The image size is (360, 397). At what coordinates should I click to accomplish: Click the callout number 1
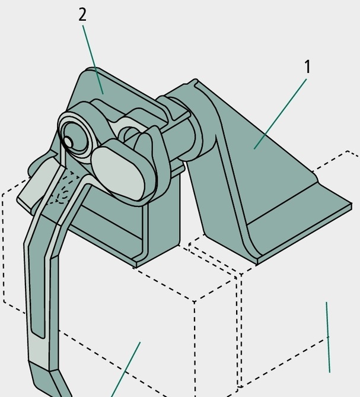coord(307,66)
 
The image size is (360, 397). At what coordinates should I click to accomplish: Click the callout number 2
coord(82,15)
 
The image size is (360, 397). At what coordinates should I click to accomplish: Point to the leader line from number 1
coord(281,114)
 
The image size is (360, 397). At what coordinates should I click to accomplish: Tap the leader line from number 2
coord(93,60)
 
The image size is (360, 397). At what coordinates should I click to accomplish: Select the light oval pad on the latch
coord(117,174)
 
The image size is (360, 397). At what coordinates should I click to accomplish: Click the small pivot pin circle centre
coord(68,141)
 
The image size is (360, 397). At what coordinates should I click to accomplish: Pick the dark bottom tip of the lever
coord(49,380)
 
